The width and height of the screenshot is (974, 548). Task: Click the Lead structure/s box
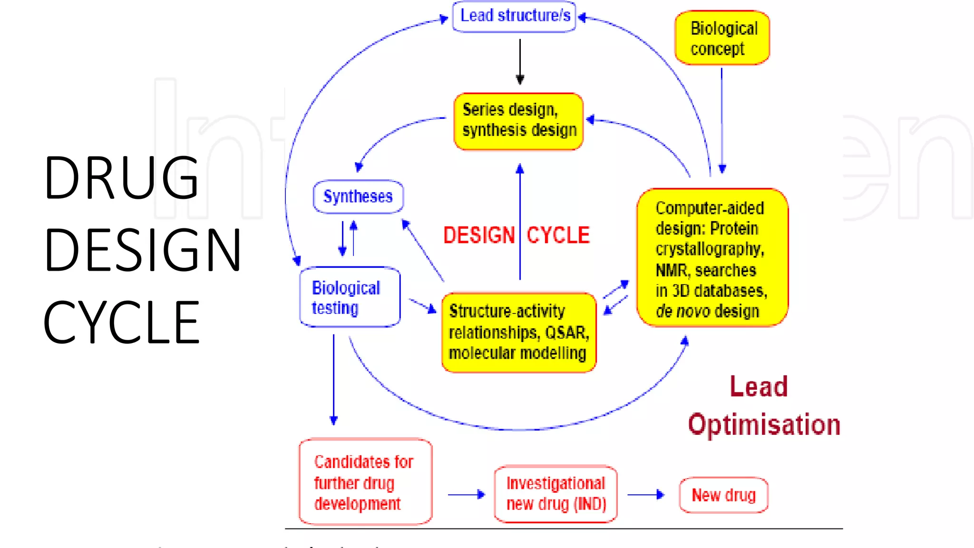[x=514, y=17]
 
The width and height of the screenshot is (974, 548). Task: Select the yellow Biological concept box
[x=722, y=38]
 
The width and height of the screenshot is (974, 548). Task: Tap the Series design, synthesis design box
[x=519, y=121]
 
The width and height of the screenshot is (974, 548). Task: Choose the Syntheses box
[x=358, y=196]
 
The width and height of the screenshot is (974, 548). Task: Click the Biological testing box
[x=350, y=297]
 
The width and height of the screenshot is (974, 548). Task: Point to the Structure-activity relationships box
[x=519, y=333]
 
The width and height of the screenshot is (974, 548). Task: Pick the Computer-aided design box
[x=712, y=257]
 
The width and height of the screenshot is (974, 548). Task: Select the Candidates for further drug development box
[x=366, y=482]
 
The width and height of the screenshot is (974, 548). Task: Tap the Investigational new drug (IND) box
[x=556, y=494]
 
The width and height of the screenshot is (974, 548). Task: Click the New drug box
[x=724, y=495]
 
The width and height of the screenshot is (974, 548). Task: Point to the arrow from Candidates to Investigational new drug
[x=467, y=495]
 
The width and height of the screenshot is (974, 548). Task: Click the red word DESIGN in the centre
[x=479, y=235]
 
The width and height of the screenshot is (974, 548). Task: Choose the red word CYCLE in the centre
[x=558, y=235]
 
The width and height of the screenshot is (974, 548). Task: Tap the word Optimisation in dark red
[x=764, y=424]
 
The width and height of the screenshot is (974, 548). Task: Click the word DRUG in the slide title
[x=121, y=177]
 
